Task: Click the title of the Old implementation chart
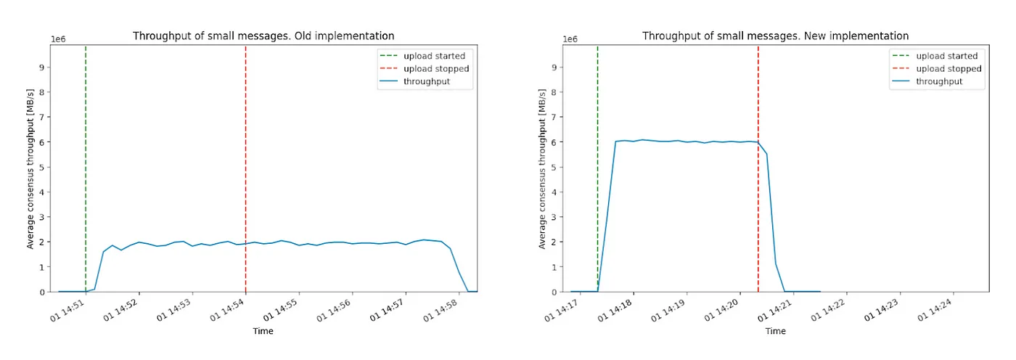(x=263, y=36)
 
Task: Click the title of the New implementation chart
(x=776, y=36)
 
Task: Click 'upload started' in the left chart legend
(x=435, y=56)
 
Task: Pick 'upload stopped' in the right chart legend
(x=949, y=69)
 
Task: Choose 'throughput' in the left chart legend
(x=427, y=81)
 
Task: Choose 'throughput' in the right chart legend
(x=939, y=81)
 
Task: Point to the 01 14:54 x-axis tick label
(x=229, y=311)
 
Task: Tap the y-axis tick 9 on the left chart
(x=43, y=67)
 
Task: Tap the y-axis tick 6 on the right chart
(x=555, y=142)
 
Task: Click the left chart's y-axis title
(x=30, y=168)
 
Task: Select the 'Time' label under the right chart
(x=775, y=331)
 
